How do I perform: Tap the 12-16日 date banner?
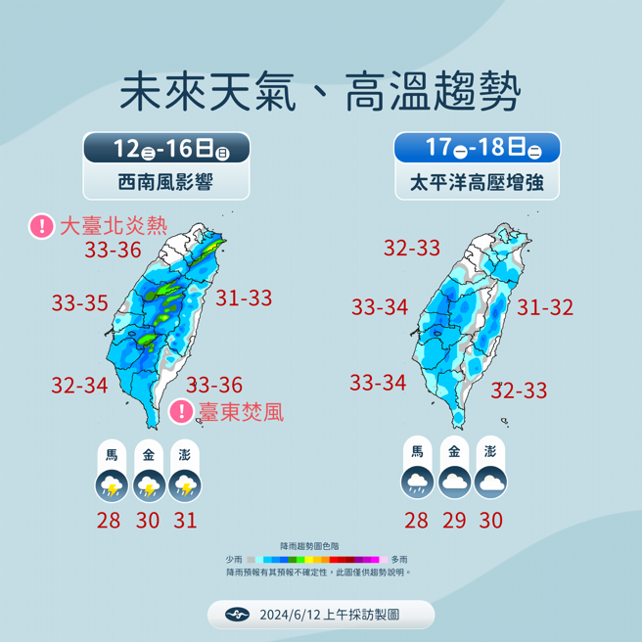[x=166, y=149]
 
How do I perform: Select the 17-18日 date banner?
[x=477, y=149]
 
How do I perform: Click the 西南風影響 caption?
[x=166, y=182]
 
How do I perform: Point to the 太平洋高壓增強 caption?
[x=477, y=182]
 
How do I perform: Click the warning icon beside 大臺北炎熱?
[x=42, y=227]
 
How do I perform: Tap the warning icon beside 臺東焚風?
[x=181, y=411]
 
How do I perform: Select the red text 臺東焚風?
[x=240, y=412]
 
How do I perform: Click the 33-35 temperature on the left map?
[x=80, y=304]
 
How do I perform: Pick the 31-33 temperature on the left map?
[x=244, y=298]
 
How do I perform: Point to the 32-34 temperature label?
[x=80, y=386]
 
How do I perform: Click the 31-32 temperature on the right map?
[x=545, y=307]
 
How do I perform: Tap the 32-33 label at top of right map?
[x=412, y=249]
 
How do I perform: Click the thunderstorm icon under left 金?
[x=148, y=485]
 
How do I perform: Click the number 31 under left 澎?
[x=185, y=521]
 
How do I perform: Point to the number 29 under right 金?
[x=454, y=521]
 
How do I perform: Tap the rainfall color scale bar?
[x=321, y=559]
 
